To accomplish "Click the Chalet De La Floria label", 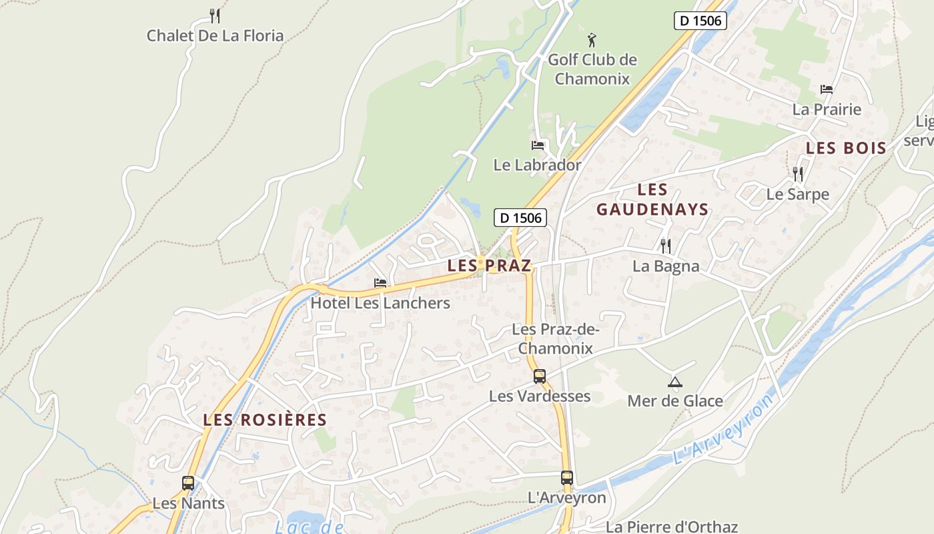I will [x=215, y=36].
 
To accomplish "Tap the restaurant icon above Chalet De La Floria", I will [x=215, y=15].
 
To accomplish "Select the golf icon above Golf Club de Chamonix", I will [x=592, y=40].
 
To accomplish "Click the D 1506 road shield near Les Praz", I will [x=520, y=218].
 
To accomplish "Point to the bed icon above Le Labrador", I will [x=538, y=145].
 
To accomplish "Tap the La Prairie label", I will [x=827, y=109].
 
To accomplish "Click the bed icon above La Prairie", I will [x=827, y=89].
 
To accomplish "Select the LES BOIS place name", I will [x=846, y=148].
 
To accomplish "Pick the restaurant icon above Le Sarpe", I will [x=798, y=174].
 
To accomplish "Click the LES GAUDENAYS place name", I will [x=652, y=200].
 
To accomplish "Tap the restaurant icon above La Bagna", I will [x=666, y=246].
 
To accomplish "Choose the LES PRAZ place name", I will [x=489, y=266].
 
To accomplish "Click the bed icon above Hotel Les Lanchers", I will [x=380, y=283].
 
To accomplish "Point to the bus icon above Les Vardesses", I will [x=540, y=376].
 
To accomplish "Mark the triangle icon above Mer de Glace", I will [x=675, y=382].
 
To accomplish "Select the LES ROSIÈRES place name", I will [x=265, y=420].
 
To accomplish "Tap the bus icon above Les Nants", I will [x=188, y=483].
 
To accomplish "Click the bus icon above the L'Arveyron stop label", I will [x=567, y=478].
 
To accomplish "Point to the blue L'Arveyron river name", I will [x=724, y=430].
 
